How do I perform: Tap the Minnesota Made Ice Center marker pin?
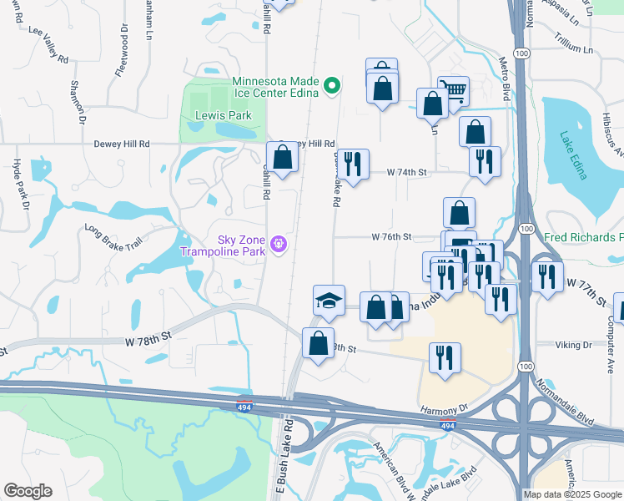coord(331,84)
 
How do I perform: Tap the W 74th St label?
coord(406,172)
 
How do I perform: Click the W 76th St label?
coord(391,237)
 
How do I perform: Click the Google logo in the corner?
coord(28,491)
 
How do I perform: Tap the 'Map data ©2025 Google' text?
coord(572,494)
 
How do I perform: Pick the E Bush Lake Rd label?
coord(282,458)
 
